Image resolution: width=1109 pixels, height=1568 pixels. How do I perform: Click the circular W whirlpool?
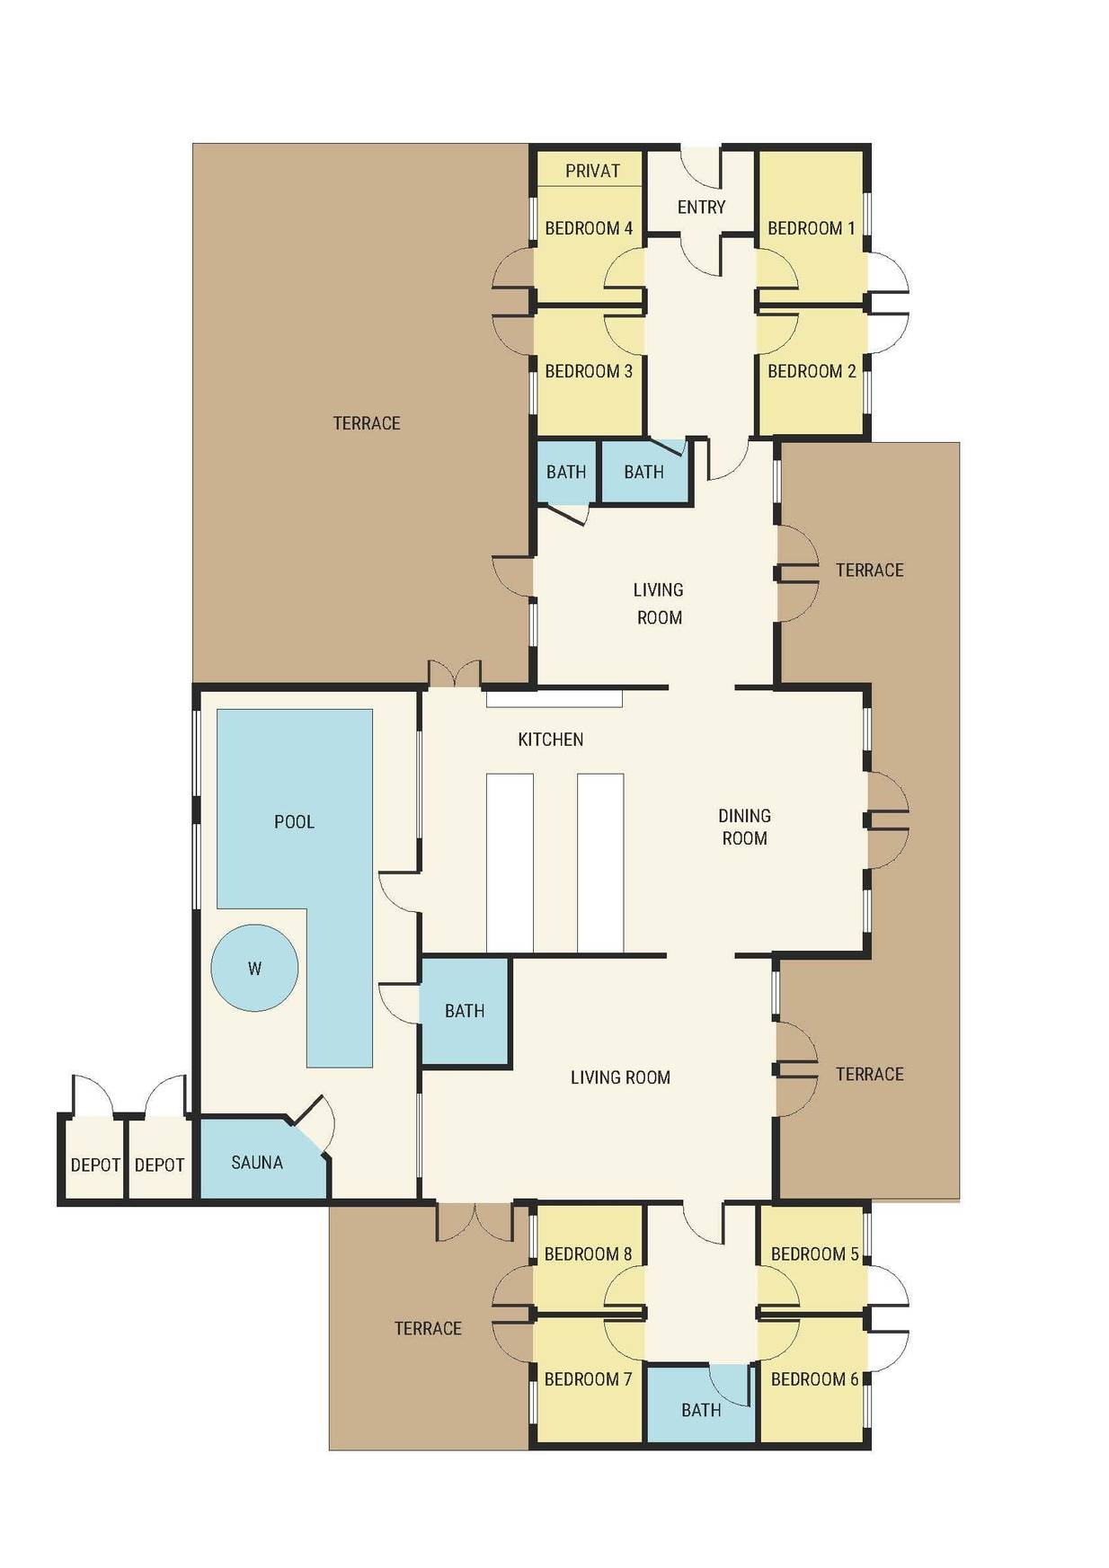pyautogui.click(x=254, y=969)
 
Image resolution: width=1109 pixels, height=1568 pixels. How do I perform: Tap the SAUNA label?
pyautogui.click(x=257, y=1163)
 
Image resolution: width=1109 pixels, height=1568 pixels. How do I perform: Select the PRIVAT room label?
pyautogui.click(x=593, y=171)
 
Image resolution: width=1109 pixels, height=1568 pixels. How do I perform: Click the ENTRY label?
pyautogui.click(x=701, y=208)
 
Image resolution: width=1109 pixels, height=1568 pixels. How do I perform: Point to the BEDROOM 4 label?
pyautogui.click(x=589, y=228)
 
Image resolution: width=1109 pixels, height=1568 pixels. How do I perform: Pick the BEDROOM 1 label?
pyautogui.click(x=812, y=228)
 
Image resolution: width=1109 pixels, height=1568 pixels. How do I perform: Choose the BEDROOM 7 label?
pyautogui.click(x=589, y=1379)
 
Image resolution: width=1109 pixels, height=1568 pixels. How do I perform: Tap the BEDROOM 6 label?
pyautogui.click(x=815, y=1379)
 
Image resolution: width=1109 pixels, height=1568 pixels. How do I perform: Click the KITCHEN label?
pyautogui.click(x=551, y=740)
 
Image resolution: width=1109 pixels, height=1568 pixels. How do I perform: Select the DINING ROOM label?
pyautogui.click(x=744, y=827)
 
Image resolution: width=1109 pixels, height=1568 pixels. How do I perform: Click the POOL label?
pyautogui.click(x=294, y=822)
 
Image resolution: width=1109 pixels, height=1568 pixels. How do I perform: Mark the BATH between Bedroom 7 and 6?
pyautogui.click(x=701, y=1404)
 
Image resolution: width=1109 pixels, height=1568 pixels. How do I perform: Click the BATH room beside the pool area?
pyautogui.click(x=466, y=1012)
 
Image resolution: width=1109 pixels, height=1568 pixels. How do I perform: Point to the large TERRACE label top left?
pyautogui.click(x=367, y=423)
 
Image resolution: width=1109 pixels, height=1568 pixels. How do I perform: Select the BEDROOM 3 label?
pyautogui.click(x=589, y=371)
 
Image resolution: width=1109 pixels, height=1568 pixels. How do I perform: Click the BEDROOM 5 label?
pyautogui.click(x=815, y=1254)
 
